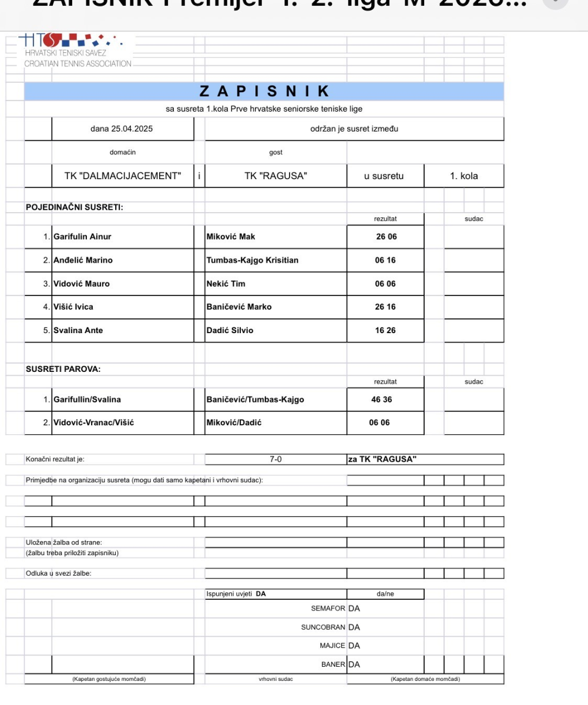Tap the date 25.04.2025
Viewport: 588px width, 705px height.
pos(122,129)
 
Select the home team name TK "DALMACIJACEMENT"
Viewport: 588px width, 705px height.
pos(122,176)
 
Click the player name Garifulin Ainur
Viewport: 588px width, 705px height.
pos(82,237)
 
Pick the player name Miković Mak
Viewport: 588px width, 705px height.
pos(231,237)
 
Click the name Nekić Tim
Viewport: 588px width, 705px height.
pos(226,284)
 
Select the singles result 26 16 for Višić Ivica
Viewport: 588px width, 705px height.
pos(385,307)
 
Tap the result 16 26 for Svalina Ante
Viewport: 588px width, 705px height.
pos(385,330)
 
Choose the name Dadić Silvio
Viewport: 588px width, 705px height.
pos(230,330)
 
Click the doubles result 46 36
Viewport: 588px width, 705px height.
pos(381,400)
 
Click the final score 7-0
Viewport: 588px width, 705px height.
pos(275,459)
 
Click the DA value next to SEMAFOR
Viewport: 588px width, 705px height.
pos(354,609)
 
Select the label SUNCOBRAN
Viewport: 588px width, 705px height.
pos(322,627)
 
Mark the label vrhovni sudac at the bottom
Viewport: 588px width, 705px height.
pos(275,680)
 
